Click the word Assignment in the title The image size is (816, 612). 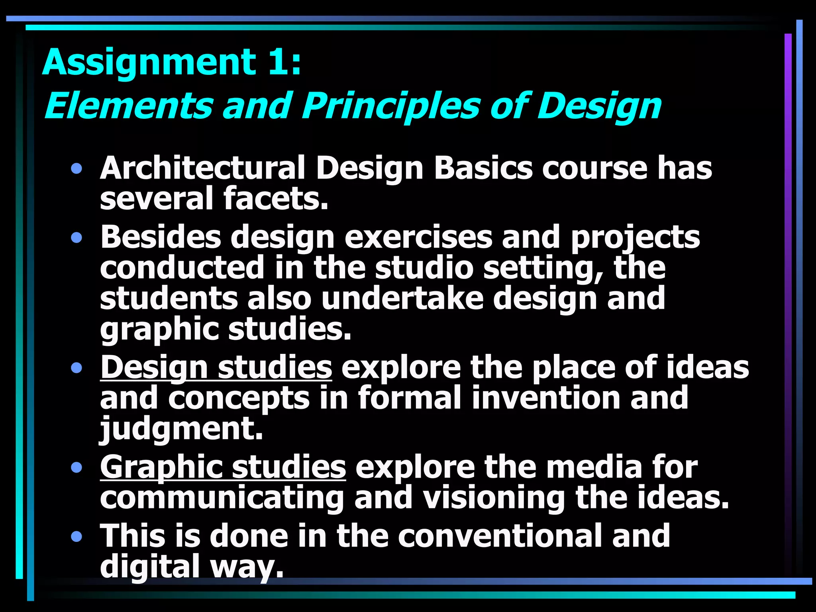pos(149,63)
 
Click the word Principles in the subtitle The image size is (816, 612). pos(390,107)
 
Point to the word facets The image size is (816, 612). pos(276,199)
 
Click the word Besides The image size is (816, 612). pos(161,237)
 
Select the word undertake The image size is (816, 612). pos(402,298)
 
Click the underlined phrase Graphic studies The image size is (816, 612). pos(223,467)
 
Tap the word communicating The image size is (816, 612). pos(222,498)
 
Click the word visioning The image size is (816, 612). pos(493,498)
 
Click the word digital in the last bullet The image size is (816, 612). pos(149,566)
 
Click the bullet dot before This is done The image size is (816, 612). pos(76,537)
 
